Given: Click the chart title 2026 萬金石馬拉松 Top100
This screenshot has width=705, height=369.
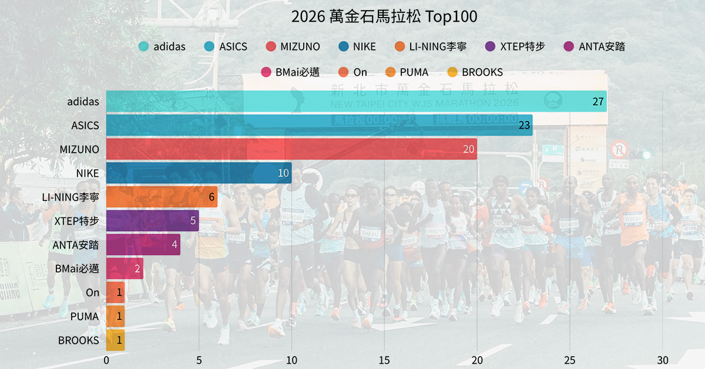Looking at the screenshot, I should [384, 17].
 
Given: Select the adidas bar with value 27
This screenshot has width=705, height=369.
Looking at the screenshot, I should [356, 102].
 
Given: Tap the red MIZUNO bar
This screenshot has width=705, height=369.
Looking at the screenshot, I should [291, 149].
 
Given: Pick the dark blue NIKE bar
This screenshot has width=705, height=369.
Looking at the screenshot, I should [199, 173].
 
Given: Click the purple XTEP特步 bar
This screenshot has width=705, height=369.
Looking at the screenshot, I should [152, 221].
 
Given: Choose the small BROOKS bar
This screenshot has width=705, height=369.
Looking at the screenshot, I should [115, 340].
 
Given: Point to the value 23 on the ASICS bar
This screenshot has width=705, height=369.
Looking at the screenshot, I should [525, 126].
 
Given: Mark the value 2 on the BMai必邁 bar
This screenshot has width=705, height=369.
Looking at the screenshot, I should [137, 269].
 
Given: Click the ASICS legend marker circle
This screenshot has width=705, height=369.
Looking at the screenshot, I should [209, 47].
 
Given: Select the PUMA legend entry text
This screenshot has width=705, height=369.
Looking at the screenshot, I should [414, 73].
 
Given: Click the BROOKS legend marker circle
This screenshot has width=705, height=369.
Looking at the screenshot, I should [452, 73].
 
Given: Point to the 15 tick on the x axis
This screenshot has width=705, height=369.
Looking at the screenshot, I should [384, 360].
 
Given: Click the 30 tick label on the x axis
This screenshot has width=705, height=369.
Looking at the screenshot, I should [663, 360].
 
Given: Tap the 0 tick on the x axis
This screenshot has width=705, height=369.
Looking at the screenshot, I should [106, 360].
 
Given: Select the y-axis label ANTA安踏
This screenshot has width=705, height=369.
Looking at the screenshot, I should [76, 245].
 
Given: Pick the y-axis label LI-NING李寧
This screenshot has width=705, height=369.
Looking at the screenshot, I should [70, 197].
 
